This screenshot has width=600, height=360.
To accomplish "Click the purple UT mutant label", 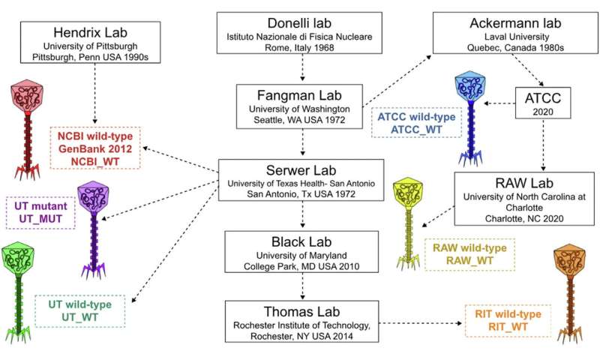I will pyautogui.click(x=41, y=211).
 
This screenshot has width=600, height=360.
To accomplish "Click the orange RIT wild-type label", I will pyautogui.click(x=508, y=319).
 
